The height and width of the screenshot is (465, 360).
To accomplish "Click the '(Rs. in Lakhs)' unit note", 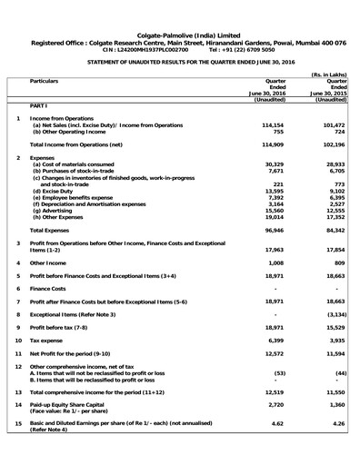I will click(x=329, y=74).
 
